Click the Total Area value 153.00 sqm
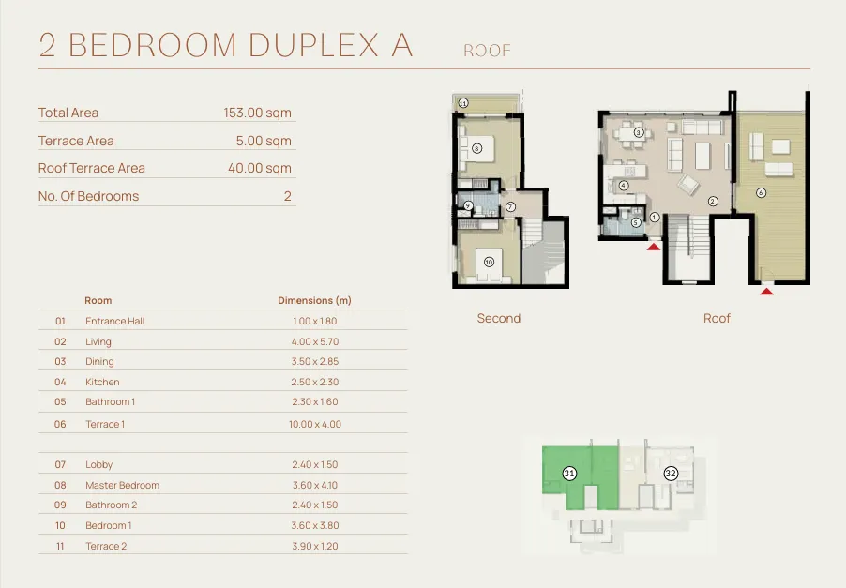pyautogui.click(x=257, y=113)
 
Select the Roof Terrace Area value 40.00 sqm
pyautogui.click(x=260, y=168)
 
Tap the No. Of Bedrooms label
pyautogui.click(x=88, y=196)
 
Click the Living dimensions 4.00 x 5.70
pyautogui.click(x=315, y=341)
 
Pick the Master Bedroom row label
pyautogui.click(x=123, y=485)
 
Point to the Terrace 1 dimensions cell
pyautogui.click(x=315, y=425)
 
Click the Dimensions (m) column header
pyautogui.click(x=314, y=300)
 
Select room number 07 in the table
pyautogui.click(x=60, y=464)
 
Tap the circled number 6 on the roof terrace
pyautogui.click(x=761, y=192)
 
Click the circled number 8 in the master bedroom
pyautogui.click(x=476, y=148)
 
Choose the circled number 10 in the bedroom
pyautogui.click(x=489, y=263)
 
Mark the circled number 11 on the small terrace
pyautogui.click(x=463, y=103)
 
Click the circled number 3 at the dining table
pyautogui.click(x=639, y=132)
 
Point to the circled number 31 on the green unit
pyautogui.click(x=569, y=474)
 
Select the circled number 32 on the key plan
pyautogui.click(x=671, y=474)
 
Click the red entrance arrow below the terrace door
pyautogui.click(x=766, y=292)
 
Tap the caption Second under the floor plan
pyautogui.click(x=499, y=318)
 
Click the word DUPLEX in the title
pyautogui.click(x=313, y=44)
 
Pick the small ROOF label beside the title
pyautogui.click(x=487, y=51)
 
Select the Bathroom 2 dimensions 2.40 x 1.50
pyautogui.click(x=315, y=505)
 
